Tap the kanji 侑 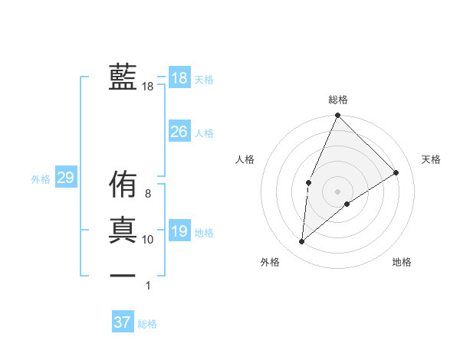123,185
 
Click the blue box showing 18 179,78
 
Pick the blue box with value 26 179,132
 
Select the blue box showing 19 179,231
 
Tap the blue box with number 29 65,178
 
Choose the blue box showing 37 122,322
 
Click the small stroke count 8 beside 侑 148,194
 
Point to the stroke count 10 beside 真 148,240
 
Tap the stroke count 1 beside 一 148,286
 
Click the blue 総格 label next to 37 147,324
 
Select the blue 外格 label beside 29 41,179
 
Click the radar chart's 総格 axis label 337,100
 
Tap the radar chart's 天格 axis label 431,159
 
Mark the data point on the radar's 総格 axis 337,116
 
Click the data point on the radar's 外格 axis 302,242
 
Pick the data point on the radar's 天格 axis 396,172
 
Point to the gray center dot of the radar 337,191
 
